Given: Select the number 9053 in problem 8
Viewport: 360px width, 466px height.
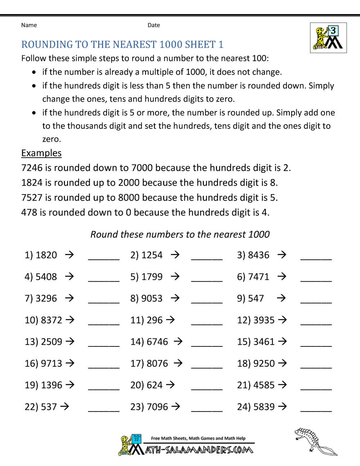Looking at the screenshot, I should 152,299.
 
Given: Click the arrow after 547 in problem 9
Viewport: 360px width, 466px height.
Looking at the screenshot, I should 281,298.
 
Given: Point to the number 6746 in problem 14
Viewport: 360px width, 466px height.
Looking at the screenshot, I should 157,342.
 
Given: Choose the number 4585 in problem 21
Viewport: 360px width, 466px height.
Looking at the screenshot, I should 264,385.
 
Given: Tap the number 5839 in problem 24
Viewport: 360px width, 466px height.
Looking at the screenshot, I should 264,407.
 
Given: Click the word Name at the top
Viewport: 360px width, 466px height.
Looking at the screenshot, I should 29,25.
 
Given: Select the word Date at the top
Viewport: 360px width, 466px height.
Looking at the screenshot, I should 154,25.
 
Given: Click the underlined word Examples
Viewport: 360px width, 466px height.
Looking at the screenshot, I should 41,153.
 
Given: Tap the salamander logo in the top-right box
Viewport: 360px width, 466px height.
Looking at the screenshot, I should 328,38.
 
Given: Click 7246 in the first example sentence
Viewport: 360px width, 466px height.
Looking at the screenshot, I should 32,168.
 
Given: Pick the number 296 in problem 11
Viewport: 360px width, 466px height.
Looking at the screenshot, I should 154,320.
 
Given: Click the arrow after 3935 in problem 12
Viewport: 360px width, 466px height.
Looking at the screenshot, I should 283,320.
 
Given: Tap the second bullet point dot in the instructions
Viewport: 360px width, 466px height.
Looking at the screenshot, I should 34,86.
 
